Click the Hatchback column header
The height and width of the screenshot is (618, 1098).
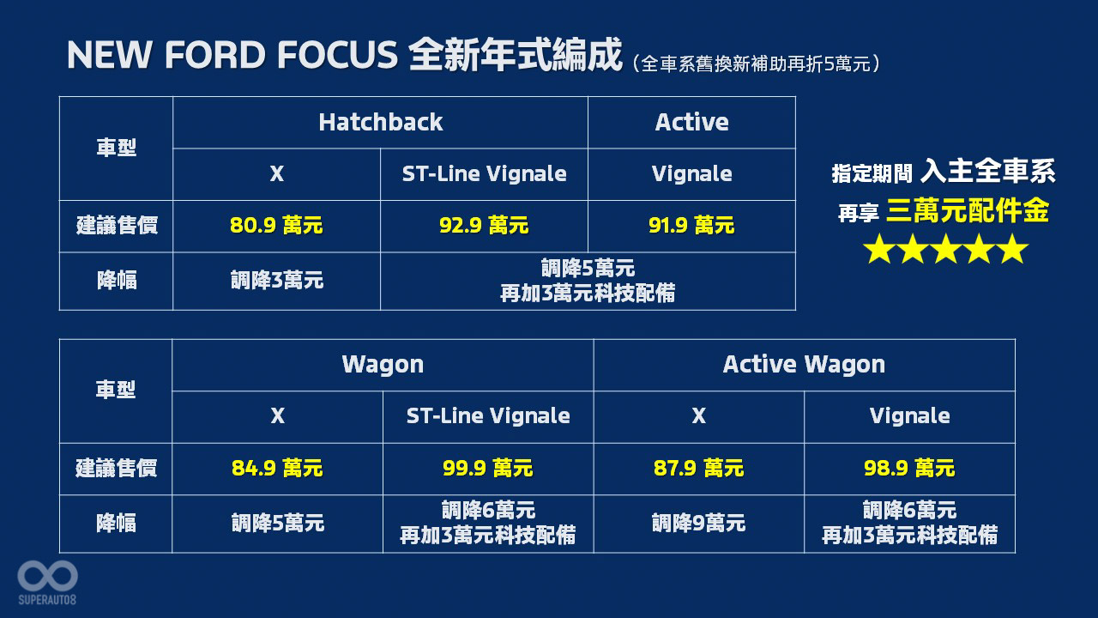pyautogui.click(x=380, y=122)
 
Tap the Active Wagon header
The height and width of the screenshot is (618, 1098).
pyautogui.click(x=804, y=365)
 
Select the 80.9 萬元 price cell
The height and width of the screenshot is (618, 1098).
pyautogui.click(x=276, y=226)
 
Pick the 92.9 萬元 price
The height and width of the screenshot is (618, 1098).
pyautogui.click(x=484, y=226)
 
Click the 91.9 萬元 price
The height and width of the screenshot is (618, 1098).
pyautogui.click(x=691, y=226)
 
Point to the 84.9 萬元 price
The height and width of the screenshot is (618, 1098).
pyautogui.click(x=277, y=468)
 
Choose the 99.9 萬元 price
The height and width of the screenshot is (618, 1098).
pyautogui.click(x=488, y=468)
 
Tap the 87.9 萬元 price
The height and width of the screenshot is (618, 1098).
pyautogui.click(x=698, y=468)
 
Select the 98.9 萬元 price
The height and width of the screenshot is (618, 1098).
pyautogui.click(x=909, y=468)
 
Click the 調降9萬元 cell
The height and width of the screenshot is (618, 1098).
pyautogui.click(x=698, y=524)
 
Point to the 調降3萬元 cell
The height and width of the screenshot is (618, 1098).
pyautogui.click(x=277, y=281)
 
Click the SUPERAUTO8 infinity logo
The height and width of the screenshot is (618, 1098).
pyautogui.click(x=47, y=576)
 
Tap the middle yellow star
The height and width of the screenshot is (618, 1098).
pyautogui.click(x=945, y=249)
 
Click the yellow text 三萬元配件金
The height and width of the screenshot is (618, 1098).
pyautogui.click(x=968, y=211)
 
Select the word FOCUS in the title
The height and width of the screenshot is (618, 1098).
pyautogui.click(x=337, y=54)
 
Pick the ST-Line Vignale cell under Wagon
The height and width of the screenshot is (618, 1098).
pyautogui.click(x=488, y=416)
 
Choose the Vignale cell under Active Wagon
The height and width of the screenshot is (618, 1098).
pyautogui.click(x=910, y=416)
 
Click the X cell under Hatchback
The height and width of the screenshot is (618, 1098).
pyautogui.click(x=277, y=174)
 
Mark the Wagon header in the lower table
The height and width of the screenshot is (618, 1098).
pyautogui.click(x=383, y=365)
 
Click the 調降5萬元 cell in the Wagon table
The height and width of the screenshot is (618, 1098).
pyautogui.click(x=277, y=524)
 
